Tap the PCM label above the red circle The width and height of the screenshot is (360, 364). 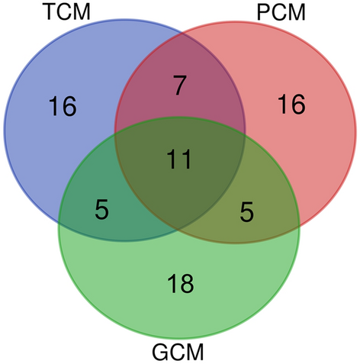pos(281,11)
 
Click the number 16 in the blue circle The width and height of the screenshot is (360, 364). pos(63,106)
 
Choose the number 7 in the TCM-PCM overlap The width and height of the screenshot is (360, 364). pos(180,85)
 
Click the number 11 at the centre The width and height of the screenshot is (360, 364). pos(180,160)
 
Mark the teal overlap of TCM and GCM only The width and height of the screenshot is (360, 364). pos(92,191)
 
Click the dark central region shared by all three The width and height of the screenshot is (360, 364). pos(180,183)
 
